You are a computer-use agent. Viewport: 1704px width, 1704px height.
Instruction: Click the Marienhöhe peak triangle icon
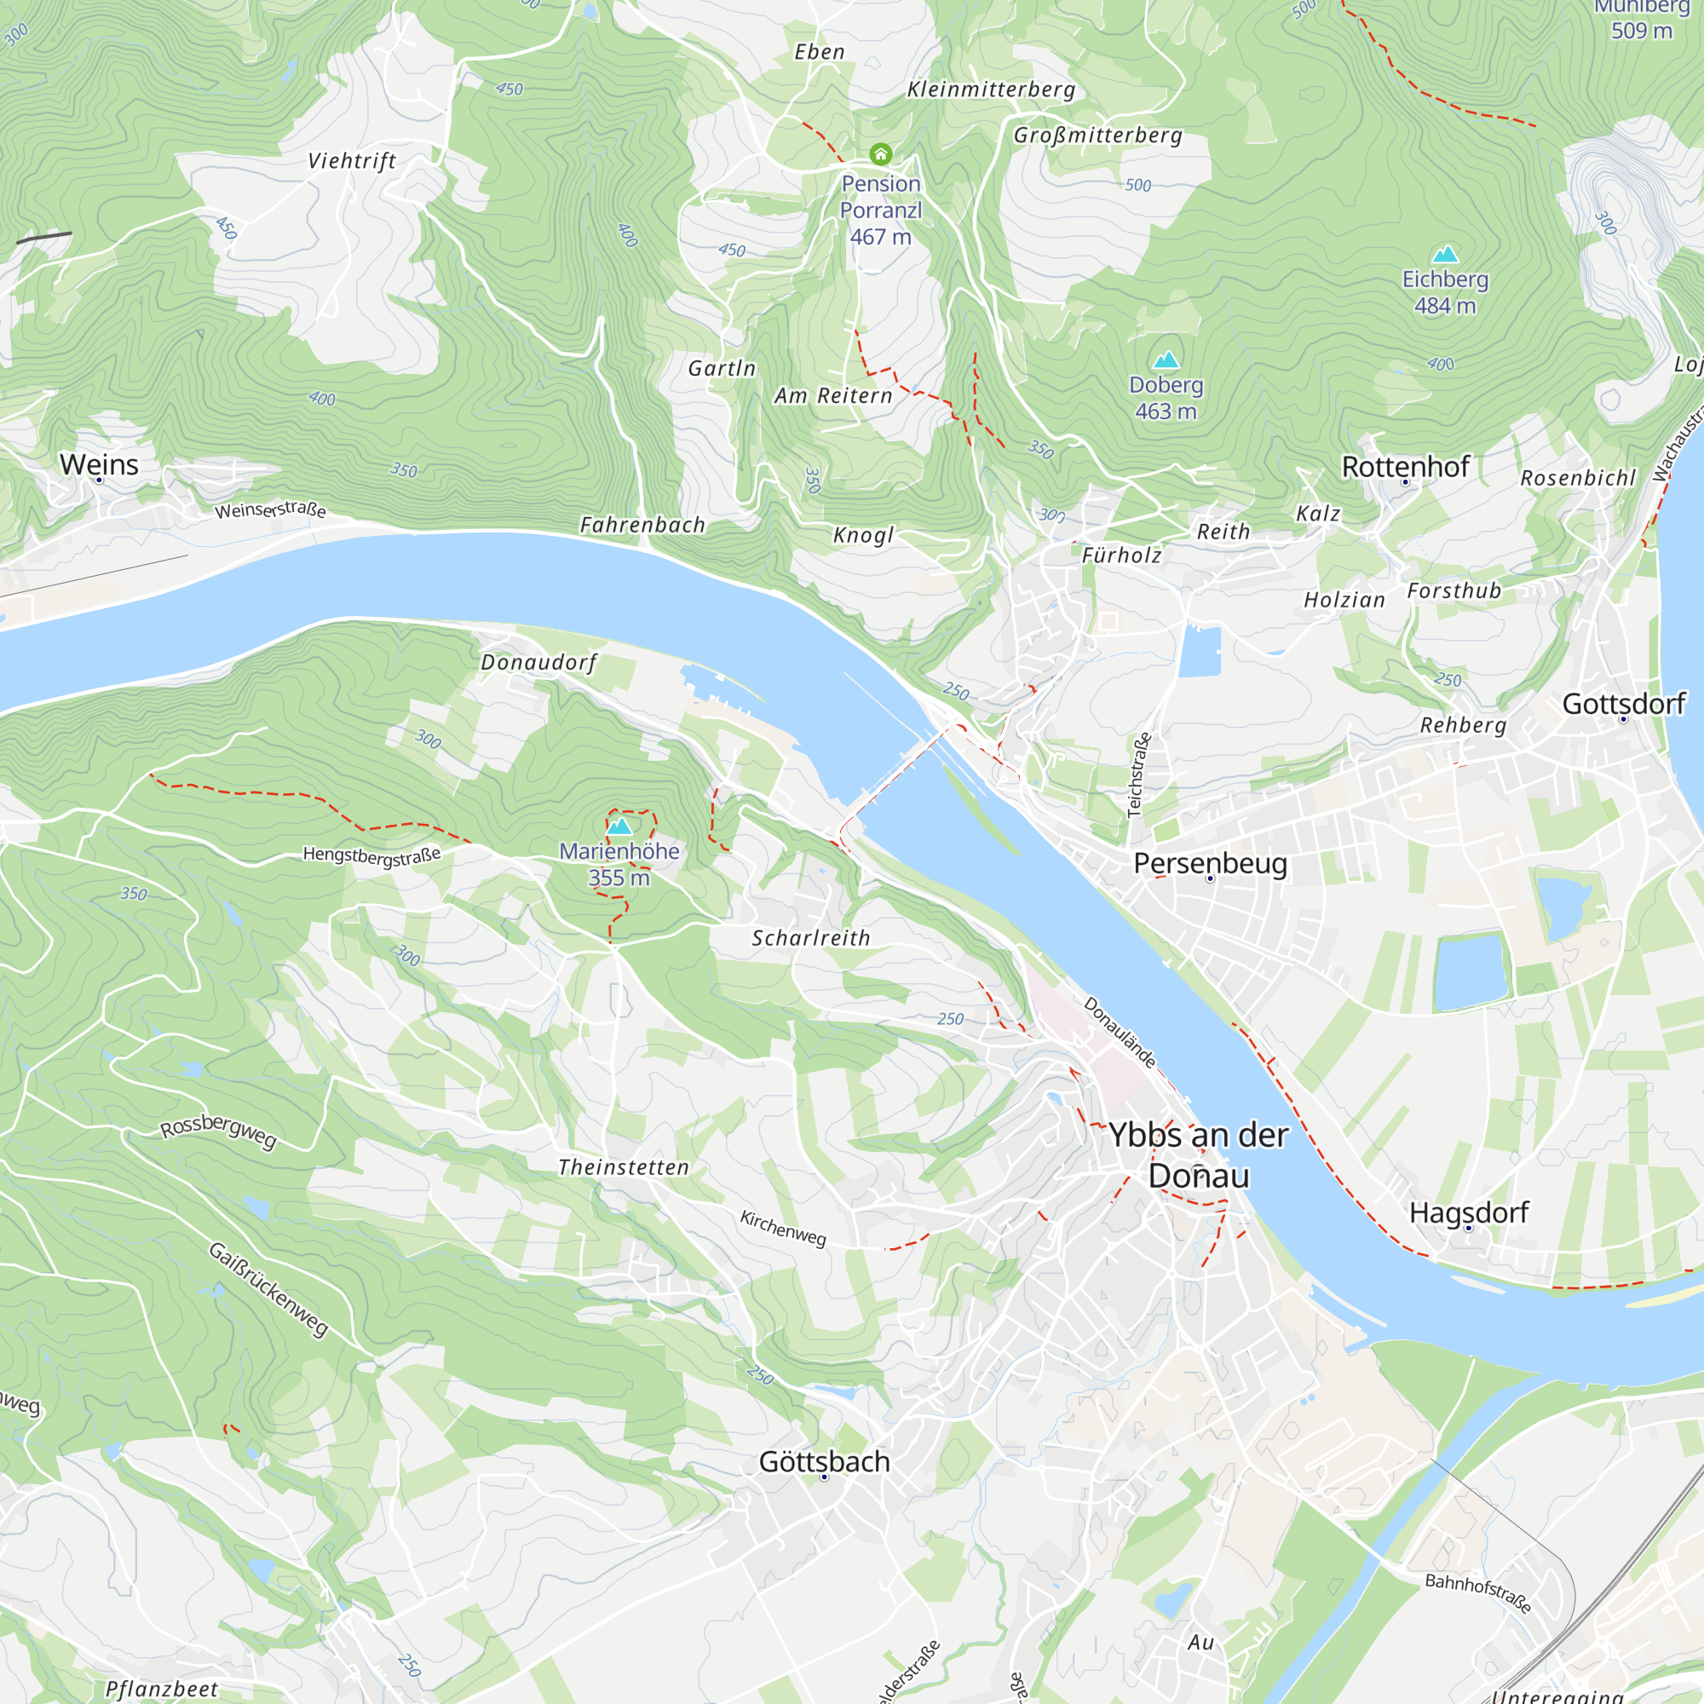(x=619, y=826)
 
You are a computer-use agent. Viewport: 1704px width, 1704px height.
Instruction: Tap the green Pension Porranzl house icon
(x=880, y=154)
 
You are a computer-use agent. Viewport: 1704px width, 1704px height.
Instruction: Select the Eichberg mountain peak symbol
(x=1445, y=255)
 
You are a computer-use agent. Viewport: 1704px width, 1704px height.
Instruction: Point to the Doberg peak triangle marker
(x=1166, y=360)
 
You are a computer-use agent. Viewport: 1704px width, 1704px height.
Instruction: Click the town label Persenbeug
(x=1210, y=862)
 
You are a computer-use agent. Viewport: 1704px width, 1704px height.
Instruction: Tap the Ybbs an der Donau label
(x=1199, y=1155)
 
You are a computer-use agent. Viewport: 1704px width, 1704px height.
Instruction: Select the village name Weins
(x=99, y=464)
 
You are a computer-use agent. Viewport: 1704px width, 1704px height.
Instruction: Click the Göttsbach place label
(x=824, y=1461)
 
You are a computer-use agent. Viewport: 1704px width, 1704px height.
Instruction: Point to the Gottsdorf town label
(x=1624, y=704)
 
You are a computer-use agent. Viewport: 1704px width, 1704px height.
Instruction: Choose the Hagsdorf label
(x=1469, y=1212)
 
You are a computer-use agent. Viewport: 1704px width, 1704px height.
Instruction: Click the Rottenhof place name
(x=1405, y=467)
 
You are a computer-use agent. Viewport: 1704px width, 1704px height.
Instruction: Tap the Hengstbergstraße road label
(x=371, y=855)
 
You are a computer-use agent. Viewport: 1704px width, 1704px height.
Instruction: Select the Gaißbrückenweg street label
(x=268, y=1288)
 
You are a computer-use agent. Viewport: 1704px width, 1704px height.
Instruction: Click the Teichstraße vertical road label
(x=1139, y=774)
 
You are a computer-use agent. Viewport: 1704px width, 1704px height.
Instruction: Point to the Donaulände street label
(x=1120, y=1032)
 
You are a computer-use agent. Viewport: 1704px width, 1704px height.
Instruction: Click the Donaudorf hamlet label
(x=538, y=662)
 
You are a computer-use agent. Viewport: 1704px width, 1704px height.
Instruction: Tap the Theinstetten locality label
(x=624, y=1167)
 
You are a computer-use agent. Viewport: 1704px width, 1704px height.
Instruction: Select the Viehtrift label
(x=352, y=160)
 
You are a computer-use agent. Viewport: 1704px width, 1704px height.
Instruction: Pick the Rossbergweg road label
(x=218, y=1131)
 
